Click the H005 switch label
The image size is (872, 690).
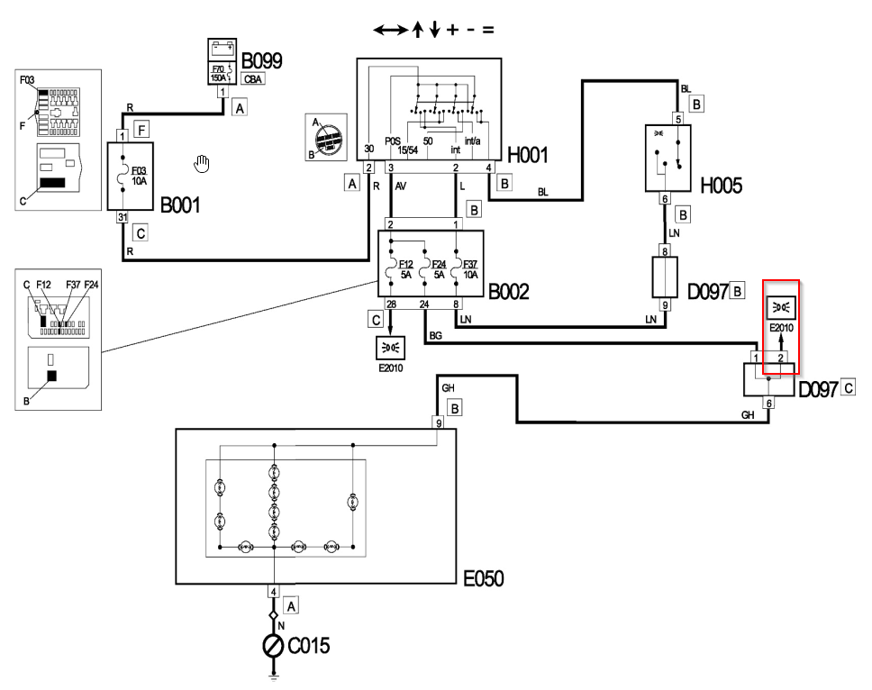[722, 185]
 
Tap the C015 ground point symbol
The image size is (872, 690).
[273, 645]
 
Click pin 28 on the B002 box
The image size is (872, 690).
[390, 304]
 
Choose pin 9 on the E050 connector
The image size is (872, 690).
[439, 422]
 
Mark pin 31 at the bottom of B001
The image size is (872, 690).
[123, 216]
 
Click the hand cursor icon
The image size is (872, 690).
[202, 163]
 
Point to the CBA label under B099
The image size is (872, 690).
[253, 78]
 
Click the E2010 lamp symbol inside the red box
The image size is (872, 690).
[780, 306]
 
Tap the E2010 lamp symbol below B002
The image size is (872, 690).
[390, 347]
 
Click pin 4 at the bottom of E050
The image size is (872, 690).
[274, 592]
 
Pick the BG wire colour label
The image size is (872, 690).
[437, 334]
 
